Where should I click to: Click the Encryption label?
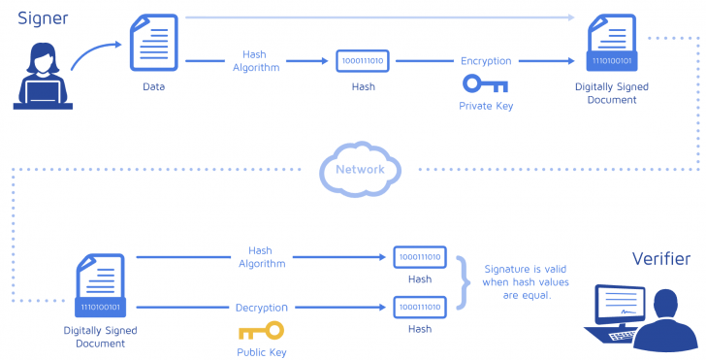(x=486, y=61)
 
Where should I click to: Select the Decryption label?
(x=261, y=308)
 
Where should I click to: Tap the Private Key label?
(x=485, y=105)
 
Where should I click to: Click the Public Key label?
(x=261, y=352)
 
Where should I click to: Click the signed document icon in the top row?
(x=613, y=45)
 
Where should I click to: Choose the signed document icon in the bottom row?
(x=102, y=287)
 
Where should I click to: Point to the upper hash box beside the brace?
(x=420, y=257)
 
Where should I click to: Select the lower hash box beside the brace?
(x=420, y=308)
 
